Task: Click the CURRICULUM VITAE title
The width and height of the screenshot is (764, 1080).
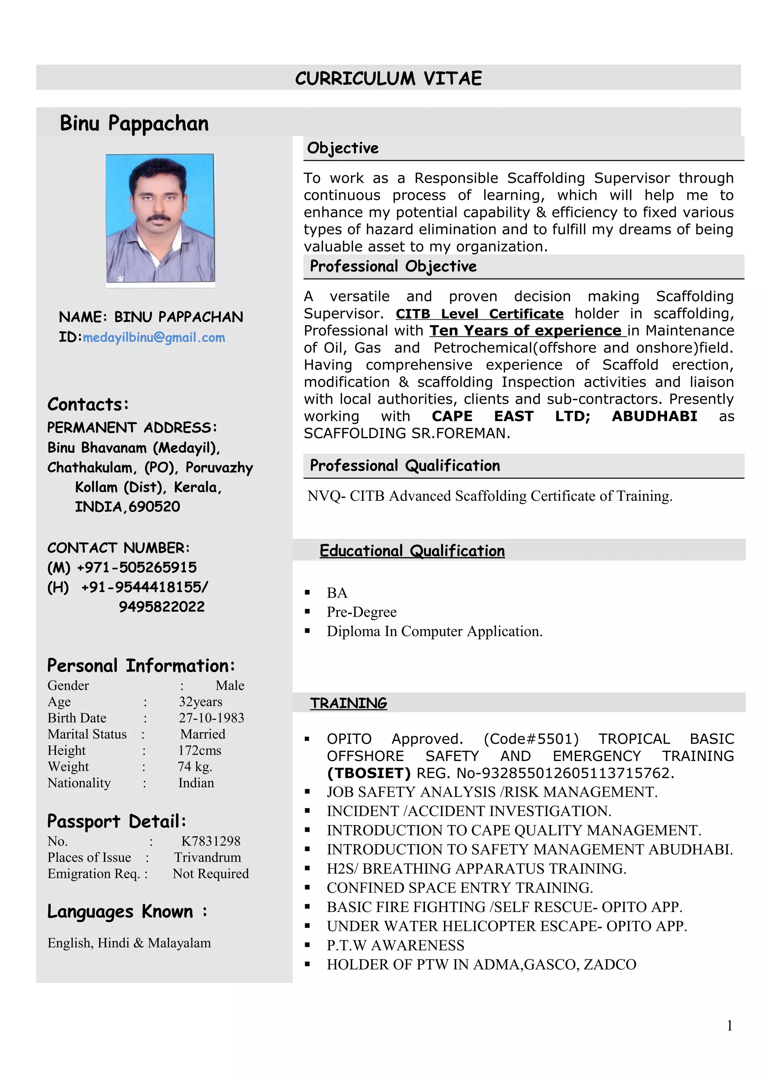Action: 388,78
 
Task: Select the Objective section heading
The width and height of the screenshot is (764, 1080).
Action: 343,148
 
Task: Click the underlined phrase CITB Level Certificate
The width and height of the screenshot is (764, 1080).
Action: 479,314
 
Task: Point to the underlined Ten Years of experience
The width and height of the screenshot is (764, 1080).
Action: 527,331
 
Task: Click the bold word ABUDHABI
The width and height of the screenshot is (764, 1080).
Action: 654,416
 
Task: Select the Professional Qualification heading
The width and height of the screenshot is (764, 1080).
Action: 405,466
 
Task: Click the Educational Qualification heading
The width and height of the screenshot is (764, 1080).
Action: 412,551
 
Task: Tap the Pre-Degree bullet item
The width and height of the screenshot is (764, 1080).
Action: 361,612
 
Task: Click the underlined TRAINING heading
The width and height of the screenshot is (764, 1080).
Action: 348,703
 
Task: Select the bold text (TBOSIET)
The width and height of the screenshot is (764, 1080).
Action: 369,773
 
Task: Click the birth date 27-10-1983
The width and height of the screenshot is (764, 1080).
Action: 212,718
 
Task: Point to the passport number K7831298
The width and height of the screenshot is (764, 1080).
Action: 210,841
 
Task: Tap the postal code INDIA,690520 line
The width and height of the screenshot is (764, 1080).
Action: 128,506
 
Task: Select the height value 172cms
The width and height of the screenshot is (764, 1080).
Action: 200,750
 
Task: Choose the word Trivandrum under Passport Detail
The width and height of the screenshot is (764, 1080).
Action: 207,858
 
